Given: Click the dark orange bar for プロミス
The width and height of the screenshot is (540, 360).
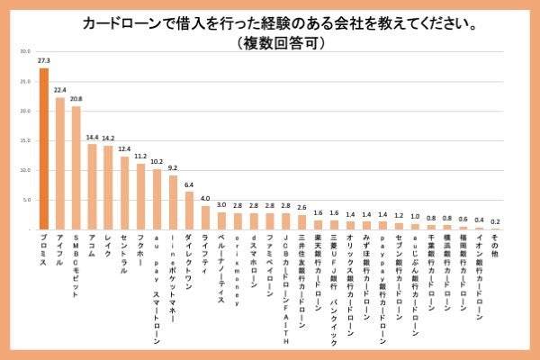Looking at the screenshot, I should pos(43,148).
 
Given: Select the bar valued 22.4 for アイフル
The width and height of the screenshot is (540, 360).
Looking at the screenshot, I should pos(60,163).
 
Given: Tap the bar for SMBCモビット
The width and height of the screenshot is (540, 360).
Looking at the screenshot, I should pos(76,167).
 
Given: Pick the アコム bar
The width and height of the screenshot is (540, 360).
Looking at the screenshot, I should pos(92,186).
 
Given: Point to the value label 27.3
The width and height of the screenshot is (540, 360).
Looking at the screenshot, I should pos(43,61).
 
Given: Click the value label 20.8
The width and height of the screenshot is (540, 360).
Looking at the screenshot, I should pos(76,100).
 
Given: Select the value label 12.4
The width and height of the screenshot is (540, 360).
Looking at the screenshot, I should pos(125,149).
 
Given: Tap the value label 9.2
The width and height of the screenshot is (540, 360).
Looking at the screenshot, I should pos(173,168).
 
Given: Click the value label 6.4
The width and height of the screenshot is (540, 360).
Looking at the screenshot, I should pos(189,185).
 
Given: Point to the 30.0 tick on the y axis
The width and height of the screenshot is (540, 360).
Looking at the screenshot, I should pos(25,51).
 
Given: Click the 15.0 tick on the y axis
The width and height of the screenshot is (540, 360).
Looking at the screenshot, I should pos(25,140).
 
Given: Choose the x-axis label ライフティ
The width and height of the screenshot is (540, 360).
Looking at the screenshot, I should pos(205,253).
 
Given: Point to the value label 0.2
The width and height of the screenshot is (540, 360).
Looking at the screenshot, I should pos(495,221).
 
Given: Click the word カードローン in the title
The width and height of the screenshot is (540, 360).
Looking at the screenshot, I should pos(121,21).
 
